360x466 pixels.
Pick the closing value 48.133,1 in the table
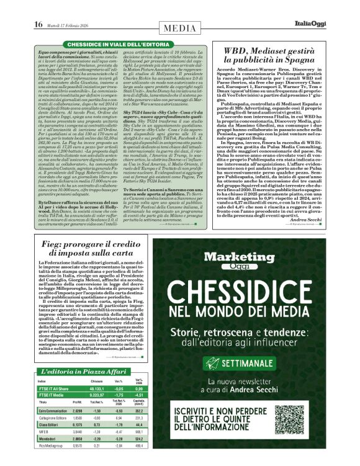pos(96,370)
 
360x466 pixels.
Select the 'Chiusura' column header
pos(96,364)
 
